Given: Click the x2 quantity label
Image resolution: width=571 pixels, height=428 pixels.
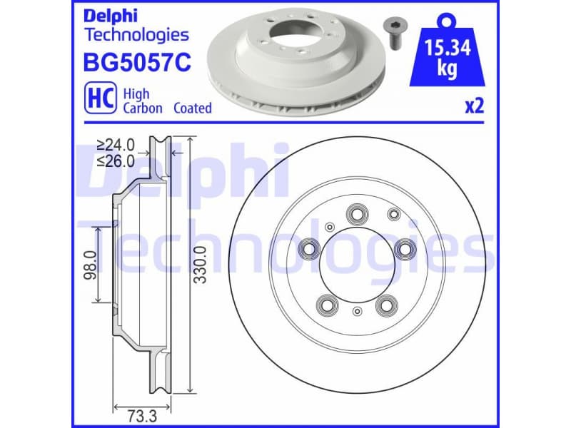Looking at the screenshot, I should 474,107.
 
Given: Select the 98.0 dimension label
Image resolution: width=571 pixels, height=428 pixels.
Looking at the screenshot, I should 90,265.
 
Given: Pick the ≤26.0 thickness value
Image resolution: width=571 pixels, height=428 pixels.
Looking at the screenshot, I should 117,162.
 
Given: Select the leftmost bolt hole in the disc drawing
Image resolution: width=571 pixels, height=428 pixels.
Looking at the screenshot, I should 309,248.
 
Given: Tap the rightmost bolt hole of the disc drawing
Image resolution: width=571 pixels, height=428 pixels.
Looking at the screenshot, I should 405,248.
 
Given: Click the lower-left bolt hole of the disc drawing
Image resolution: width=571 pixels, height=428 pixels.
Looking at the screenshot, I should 327,305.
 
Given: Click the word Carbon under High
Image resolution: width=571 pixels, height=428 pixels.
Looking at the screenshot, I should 143,108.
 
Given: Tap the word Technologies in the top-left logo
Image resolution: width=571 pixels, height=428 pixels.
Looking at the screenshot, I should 136,34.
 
